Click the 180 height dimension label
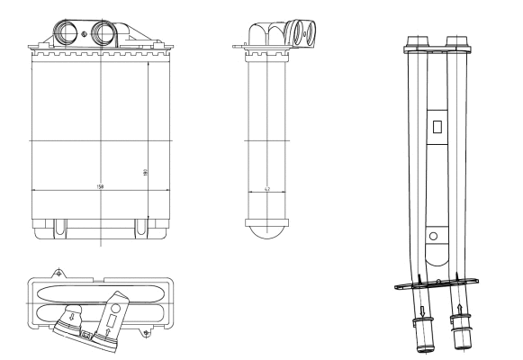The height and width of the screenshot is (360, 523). click(x=145, y=171)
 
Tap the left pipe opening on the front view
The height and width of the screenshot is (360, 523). click(x=68, y=34)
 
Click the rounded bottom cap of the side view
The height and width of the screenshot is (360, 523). click(x=267, y=230)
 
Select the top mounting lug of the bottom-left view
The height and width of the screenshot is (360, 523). click(x=59, y=270)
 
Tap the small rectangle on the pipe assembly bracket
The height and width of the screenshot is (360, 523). click(x=437, y=127)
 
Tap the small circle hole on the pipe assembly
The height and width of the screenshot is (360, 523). click(x=434, y=236)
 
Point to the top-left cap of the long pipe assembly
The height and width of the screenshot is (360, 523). click(x=418, y=41)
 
